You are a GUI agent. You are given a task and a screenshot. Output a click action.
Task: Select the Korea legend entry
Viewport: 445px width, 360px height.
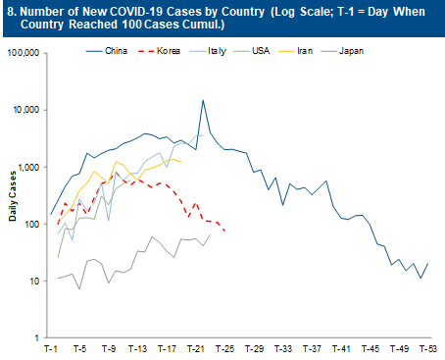[175, 46]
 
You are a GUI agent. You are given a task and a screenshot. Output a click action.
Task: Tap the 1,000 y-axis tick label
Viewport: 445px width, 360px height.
[29, 167]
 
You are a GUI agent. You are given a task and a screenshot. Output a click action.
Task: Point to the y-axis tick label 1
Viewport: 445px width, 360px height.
[37, 338]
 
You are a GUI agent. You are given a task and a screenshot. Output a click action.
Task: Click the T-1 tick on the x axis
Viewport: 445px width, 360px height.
[51, 349]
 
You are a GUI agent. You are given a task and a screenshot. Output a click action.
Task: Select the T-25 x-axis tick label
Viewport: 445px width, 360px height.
[224, 349]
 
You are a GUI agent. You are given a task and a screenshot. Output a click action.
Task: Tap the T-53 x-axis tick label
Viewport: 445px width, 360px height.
[426, 349]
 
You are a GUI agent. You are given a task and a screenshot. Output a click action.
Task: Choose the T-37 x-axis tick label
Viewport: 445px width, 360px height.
[311, 349]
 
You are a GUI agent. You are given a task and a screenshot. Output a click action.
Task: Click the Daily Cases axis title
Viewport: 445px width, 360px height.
[13, 196]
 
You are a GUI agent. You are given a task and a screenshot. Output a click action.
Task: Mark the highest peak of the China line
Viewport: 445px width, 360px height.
[203, 100]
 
